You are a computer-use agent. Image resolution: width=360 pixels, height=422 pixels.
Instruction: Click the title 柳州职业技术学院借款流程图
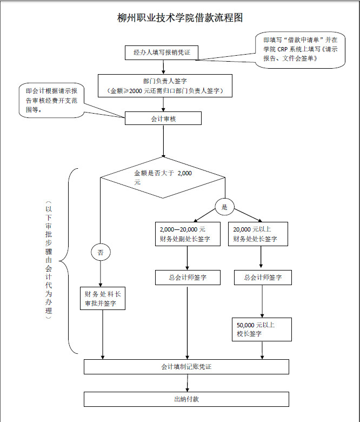(x=180, y=18)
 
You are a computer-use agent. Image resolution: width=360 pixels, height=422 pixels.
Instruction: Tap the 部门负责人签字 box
(x=165, y=85)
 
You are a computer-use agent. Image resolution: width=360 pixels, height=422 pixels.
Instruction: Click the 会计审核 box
(x=163, y=118)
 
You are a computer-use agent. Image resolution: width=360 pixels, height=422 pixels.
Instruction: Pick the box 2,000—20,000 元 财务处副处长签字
(x=187, y=234)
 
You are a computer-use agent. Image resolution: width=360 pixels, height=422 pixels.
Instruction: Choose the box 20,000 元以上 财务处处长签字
(x=258, y=234)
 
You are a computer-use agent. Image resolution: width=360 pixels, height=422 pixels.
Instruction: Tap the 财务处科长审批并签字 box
(x=103, y=298)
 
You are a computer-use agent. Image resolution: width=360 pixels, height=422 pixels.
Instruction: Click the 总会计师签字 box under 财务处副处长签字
(x=188, y=278)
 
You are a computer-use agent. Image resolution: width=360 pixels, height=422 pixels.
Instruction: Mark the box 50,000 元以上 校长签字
(x=262, y=329)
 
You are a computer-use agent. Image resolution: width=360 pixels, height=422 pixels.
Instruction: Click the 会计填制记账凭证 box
(x=186, y=367)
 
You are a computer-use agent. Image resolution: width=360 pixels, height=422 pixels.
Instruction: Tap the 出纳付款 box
(x=186, y=399)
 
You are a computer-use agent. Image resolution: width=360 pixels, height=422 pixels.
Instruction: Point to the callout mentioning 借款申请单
(x=300, y=48)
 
